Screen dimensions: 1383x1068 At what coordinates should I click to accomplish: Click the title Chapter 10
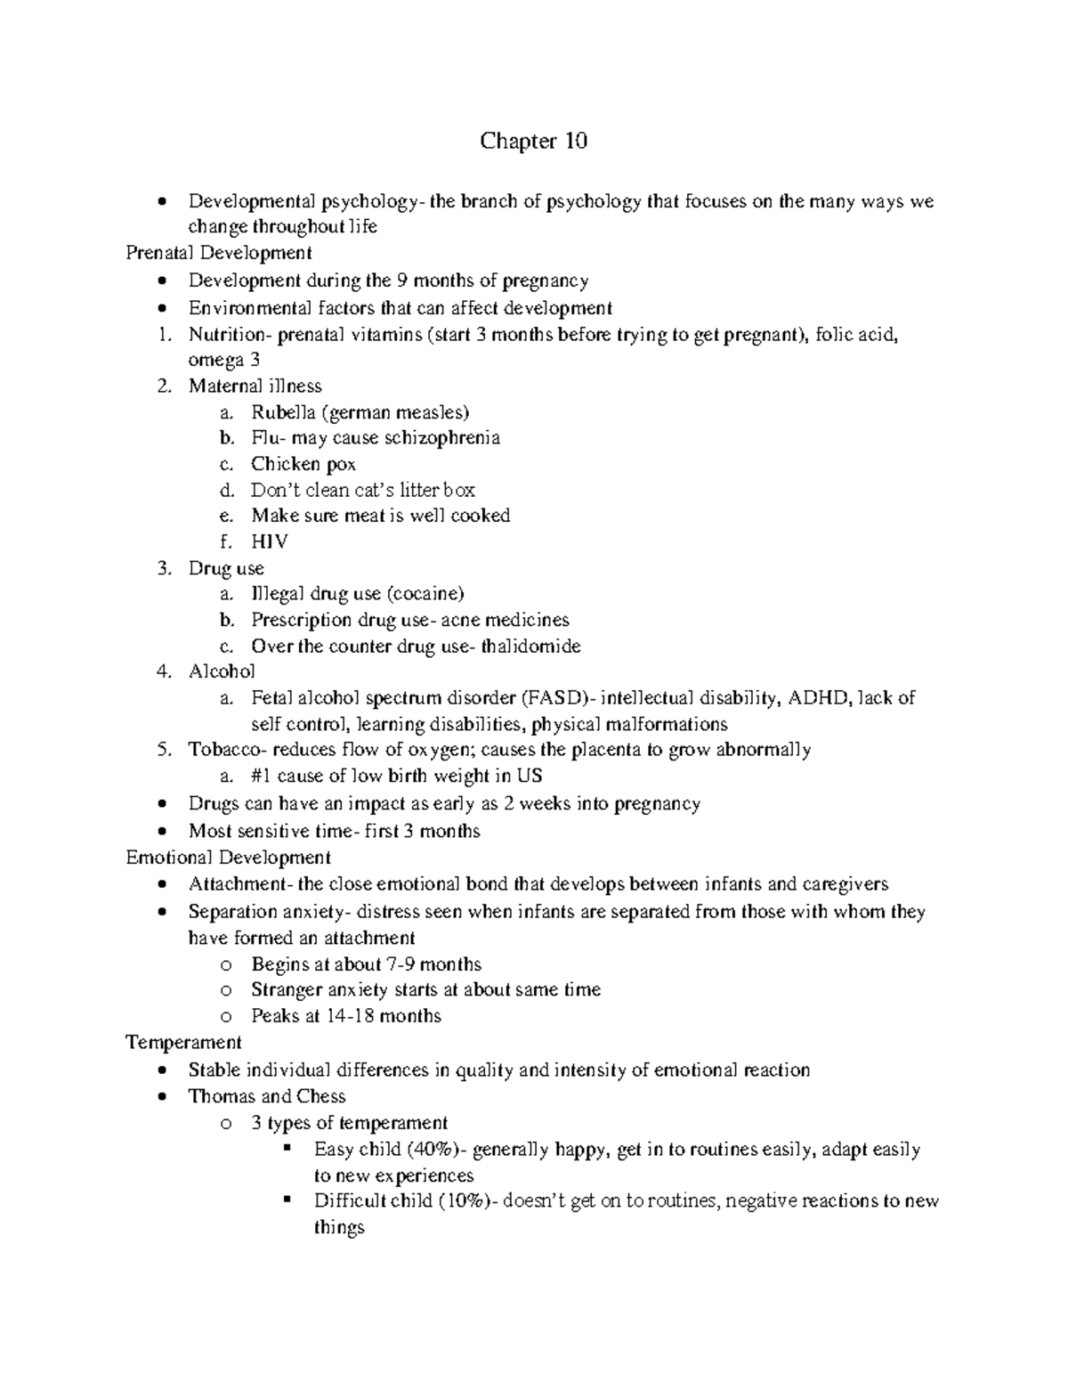click(533, 142)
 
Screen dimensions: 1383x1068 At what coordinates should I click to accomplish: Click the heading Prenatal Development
click(219, 253)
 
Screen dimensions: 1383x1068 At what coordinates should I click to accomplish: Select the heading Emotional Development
click(228, 858)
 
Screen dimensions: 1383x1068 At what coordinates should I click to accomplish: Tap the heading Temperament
click(183, 1042)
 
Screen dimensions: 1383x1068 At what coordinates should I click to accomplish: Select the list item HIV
click(269, 541)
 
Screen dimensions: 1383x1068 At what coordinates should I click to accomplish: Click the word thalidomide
click(530, 647)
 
